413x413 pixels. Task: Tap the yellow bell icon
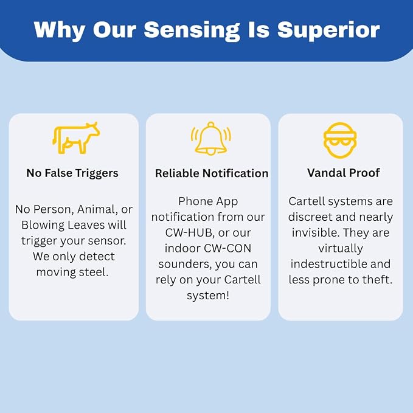[x=210, y=138]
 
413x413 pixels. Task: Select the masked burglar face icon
[x=340, y=141]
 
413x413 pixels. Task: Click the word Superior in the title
[x=328, y=30]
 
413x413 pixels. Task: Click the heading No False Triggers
[x=72, y=173]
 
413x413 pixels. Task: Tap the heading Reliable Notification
[x=212, y=173]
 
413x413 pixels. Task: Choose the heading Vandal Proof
[x=344, y=173]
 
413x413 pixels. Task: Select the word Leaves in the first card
[x=86, y=225]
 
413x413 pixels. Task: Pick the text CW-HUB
[x=189, y=232]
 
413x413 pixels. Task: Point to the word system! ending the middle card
[x=208, y=296]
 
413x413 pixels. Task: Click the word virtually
[x=341, y=249]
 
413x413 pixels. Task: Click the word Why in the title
[x=59, y=30]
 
